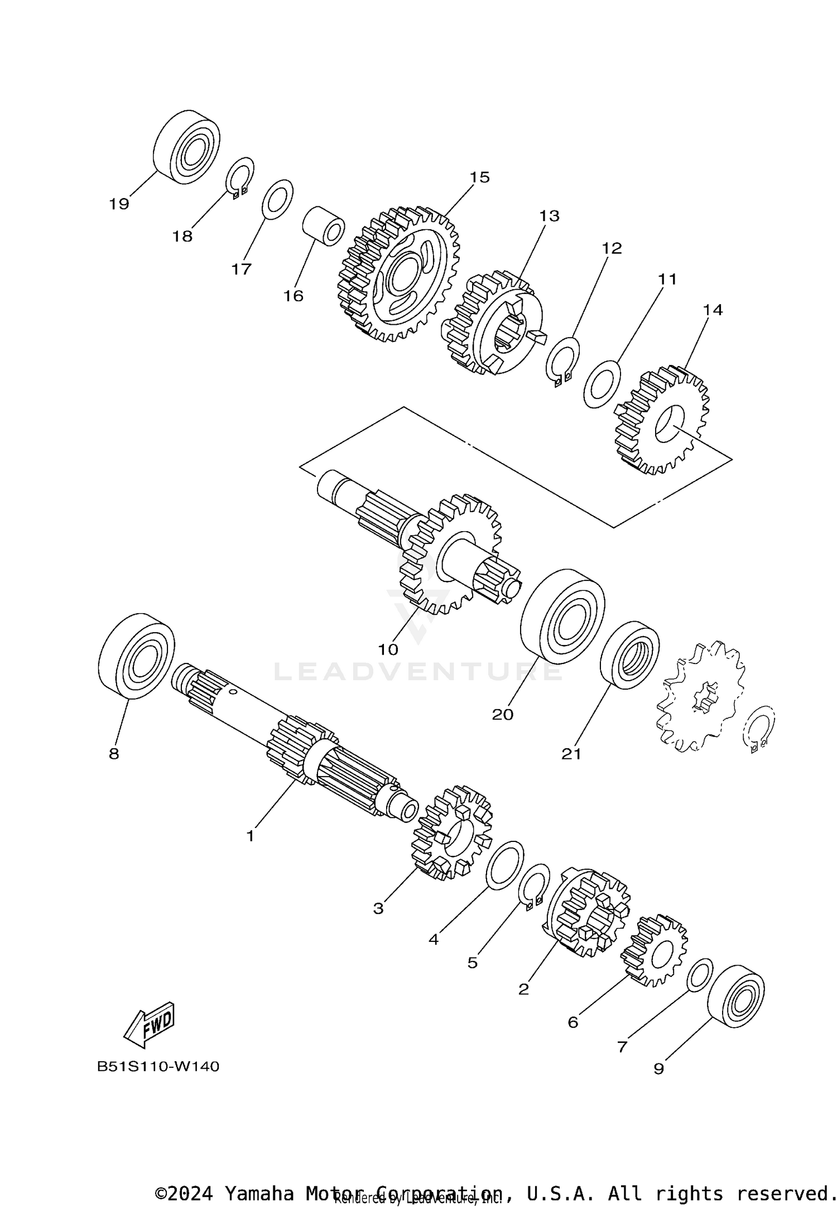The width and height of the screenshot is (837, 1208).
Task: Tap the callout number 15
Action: coord(479,177)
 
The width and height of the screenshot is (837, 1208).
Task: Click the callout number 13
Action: coord(549,216)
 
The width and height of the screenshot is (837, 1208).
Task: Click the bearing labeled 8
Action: coord(136,656)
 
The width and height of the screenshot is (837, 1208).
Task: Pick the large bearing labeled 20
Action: coord(562,616)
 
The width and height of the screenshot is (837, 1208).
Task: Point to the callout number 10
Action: coord(388,649)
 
